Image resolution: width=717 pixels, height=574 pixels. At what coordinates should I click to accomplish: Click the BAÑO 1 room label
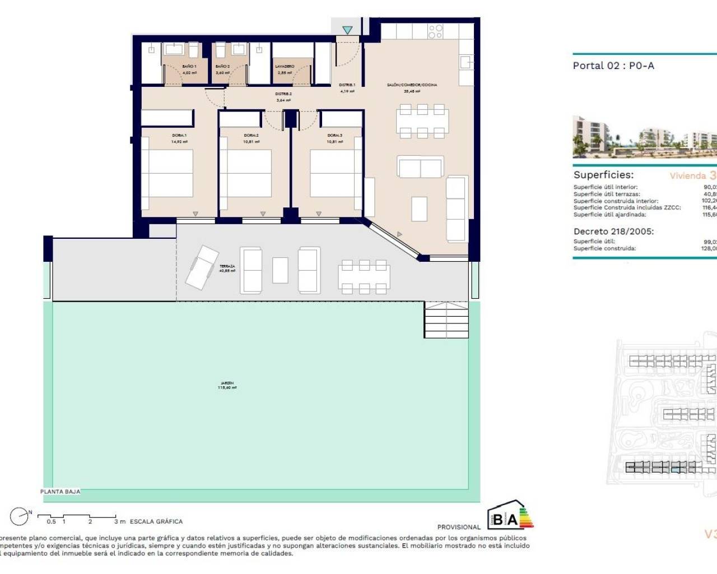coord(189,66)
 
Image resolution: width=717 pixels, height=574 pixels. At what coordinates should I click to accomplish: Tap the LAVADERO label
coord(285,66)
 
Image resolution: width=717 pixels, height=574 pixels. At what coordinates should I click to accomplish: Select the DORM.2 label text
coord(251,135)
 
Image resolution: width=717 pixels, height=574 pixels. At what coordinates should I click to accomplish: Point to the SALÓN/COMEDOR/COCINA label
coord(412,85)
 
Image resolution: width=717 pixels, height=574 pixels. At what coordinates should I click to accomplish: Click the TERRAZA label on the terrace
coord(227,266)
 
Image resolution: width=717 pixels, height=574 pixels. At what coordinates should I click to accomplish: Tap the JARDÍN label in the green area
coord(227,383)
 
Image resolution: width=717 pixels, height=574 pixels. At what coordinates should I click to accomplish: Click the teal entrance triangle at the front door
coord(347,30)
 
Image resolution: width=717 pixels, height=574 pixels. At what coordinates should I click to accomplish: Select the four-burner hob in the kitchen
coord(435,31)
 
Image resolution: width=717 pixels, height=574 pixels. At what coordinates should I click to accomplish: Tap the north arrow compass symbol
coord(20,516)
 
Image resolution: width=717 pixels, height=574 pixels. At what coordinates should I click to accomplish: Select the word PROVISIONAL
coord(458,527)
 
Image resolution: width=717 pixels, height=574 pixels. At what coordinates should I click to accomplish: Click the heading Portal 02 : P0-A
coord(613,66)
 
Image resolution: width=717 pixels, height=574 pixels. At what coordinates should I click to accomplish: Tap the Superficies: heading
coord(603,175)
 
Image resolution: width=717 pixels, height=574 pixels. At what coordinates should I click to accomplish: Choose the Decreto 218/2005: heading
coord(613,231)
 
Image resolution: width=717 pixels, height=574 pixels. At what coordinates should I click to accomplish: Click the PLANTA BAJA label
coord(60,492)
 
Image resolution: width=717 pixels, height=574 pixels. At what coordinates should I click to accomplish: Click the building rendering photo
coord(644,136)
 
